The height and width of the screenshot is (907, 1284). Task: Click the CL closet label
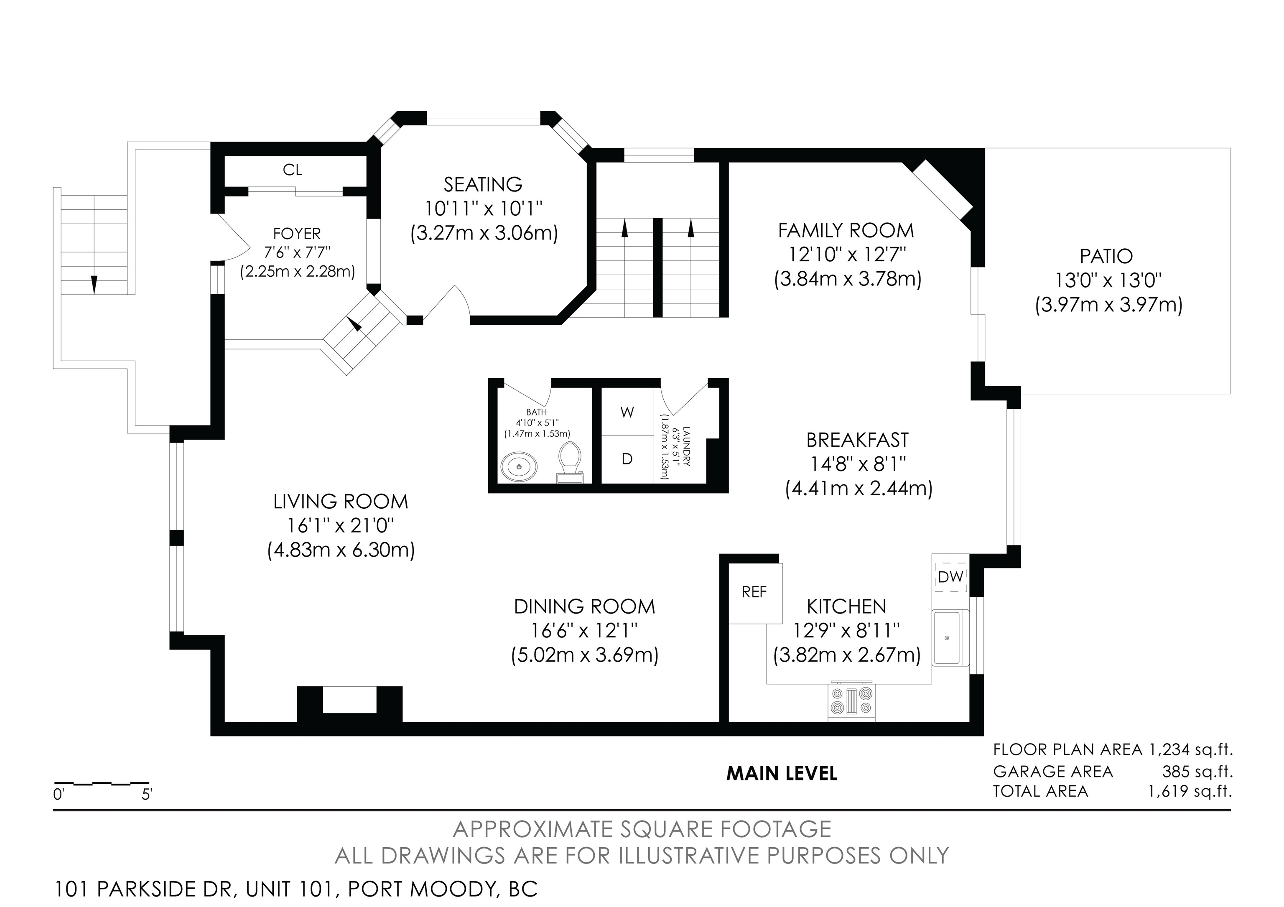pyautogui.click(x=293, y=170)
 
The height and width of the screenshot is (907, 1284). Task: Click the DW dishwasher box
pyautogui.click(x=951, y=576)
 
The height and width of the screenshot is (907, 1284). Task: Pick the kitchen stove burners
pyautogui.click(x=851, y=701)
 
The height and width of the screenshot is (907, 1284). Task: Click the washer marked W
pyautogui.click(x=627, y=412)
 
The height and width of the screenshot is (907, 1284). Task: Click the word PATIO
pyautogui.click(x=1106, y=256)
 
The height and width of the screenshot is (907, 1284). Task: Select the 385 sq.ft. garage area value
pyautogui.click(x=1198, y=772)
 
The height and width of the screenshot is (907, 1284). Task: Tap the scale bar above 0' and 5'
pyautogui.click(x=101, y=783)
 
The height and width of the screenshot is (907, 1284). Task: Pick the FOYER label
pyautogui.click(x=297, y=233)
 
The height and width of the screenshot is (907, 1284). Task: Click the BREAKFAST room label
pyautogui.click(x=857, y=440)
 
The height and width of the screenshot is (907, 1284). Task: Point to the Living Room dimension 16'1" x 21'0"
pyautogui.click(x=341, y=526)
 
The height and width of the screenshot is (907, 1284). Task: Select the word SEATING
pyautogui.click(x=483, y=184)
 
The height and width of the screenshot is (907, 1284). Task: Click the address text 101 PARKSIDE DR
pyautogui.click(x=143, y=889)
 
